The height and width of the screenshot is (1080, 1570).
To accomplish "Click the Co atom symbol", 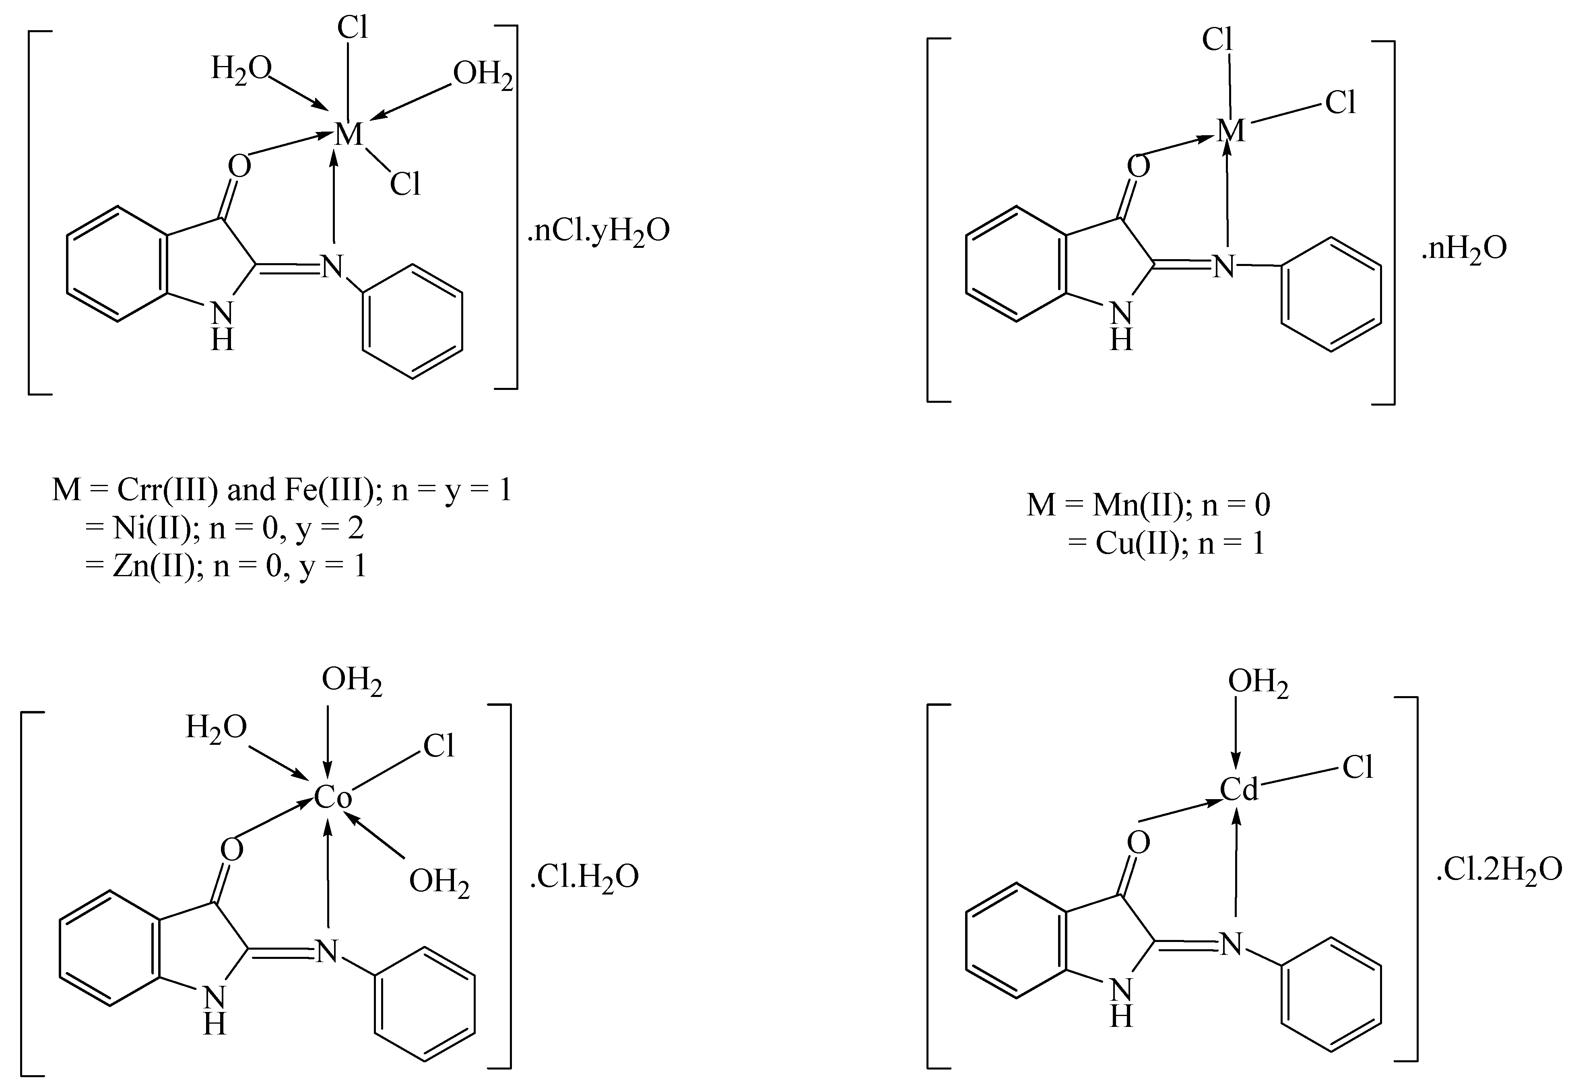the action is (x=333, y=798).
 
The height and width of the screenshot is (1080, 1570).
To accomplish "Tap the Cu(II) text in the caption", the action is (x=1138, y=543).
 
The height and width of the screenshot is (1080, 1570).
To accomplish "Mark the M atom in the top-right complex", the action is (x=1231, y=131).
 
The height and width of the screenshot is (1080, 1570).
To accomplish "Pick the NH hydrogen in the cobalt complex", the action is (x=215, y=1025).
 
